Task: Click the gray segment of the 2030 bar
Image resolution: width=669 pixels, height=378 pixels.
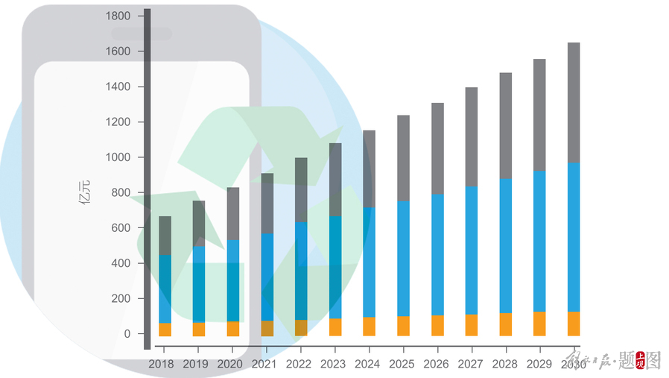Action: pos(574,102)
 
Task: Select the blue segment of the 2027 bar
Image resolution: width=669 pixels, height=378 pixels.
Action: pos(472,250)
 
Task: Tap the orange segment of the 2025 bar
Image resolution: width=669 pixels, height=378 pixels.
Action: pos(403,326)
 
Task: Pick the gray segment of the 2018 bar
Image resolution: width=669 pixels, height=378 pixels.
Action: pos(165,236)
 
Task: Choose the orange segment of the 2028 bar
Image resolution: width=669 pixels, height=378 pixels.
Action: pos(505,324)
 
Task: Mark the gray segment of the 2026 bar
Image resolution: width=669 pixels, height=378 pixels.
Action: pos(437,148)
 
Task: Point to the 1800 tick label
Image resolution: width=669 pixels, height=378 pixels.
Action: pos(118,16)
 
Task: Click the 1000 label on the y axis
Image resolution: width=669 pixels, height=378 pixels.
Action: pos(118,157)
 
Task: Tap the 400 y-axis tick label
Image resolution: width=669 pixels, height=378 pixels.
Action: pos(121,263)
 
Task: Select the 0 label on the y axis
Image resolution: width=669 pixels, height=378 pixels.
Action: pos(127,334)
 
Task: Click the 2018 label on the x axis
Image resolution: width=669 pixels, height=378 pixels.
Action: pos(161,364)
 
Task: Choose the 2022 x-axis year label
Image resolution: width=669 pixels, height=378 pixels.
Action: pos(299,364)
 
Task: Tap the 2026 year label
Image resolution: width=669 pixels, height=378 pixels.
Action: pos(436,364)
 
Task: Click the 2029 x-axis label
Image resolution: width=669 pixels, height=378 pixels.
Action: pos(539,364)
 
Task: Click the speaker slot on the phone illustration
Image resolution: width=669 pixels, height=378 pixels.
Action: pos(142,34)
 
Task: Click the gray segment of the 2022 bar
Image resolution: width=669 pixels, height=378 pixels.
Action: pos(301,189)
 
